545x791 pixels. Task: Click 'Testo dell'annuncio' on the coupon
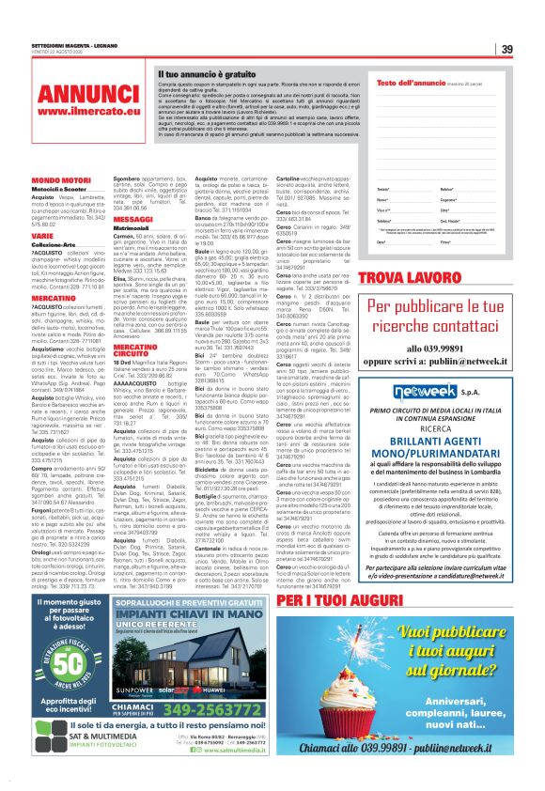pos(414,85)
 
